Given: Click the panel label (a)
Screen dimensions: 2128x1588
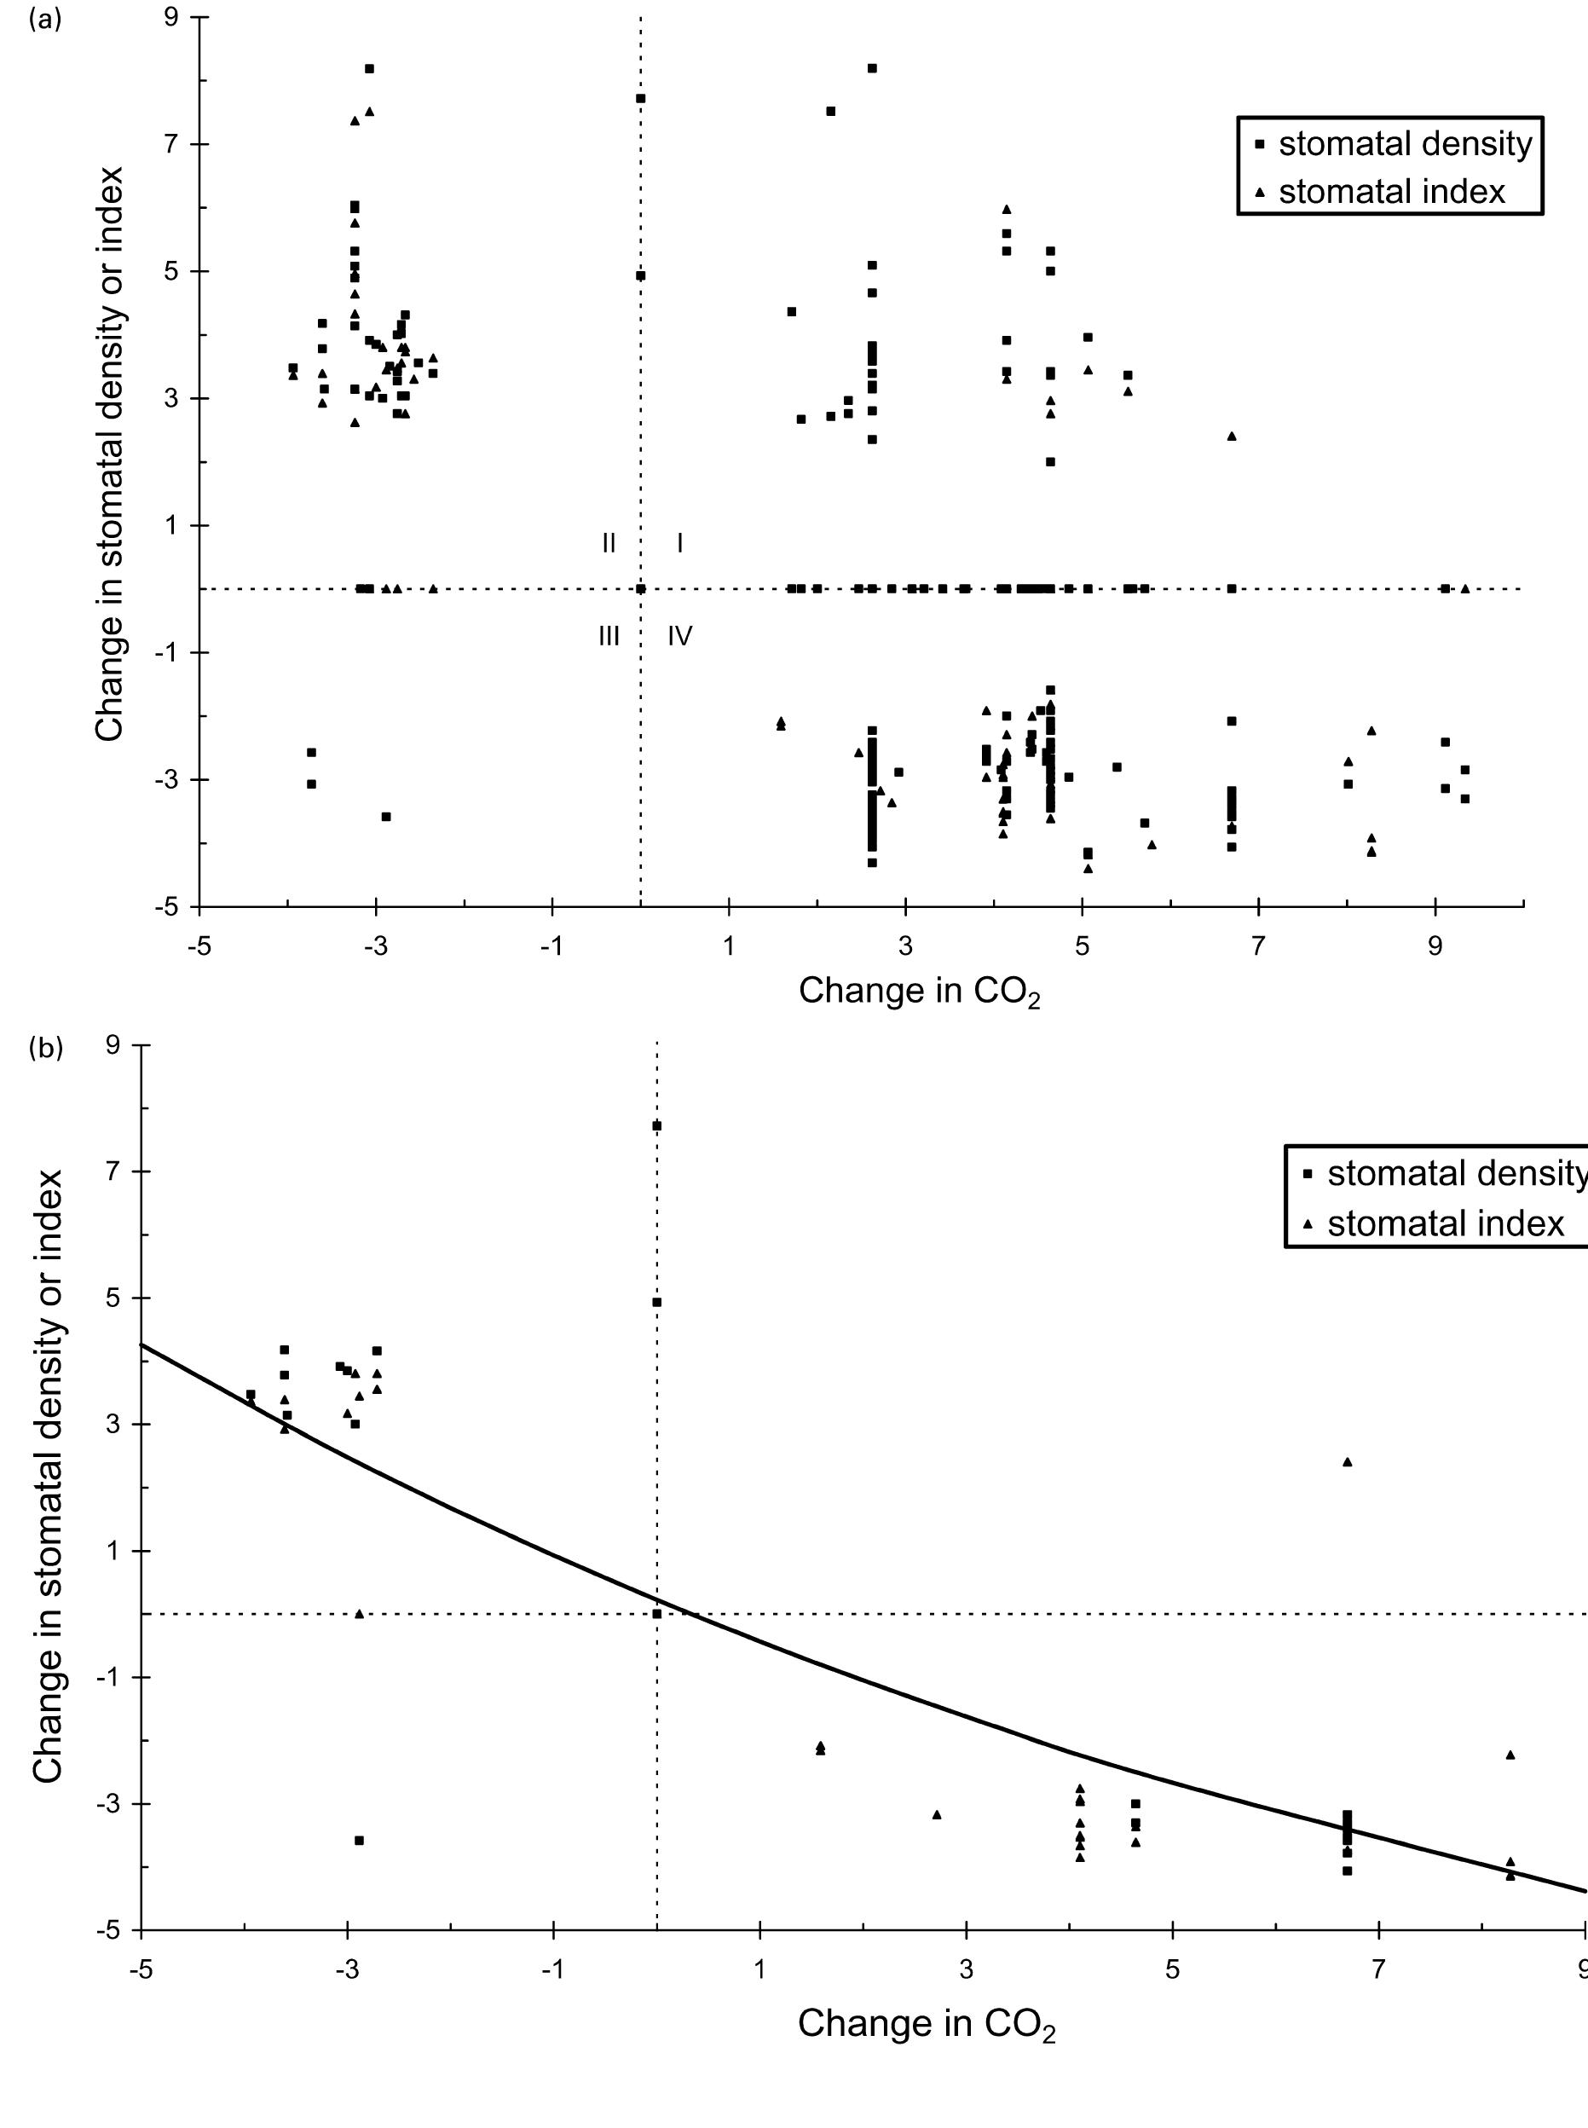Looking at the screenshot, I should click(45, 20).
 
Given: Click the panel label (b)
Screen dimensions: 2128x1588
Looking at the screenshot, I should click(45, 1048).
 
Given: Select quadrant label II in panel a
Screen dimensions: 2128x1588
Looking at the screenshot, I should click(609, 543).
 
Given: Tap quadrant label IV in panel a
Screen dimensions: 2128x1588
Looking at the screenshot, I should click(679, 636).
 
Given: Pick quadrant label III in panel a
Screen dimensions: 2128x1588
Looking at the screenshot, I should click(609, 636).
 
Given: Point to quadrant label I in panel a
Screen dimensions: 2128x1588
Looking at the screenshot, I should click(679, 543).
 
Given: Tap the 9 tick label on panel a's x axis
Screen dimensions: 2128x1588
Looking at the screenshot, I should click(1435, 946).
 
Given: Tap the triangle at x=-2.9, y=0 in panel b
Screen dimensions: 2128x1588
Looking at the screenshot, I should click(359, 1614).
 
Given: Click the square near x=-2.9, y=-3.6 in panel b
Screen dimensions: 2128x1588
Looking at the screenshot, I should click(359, 1841).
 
